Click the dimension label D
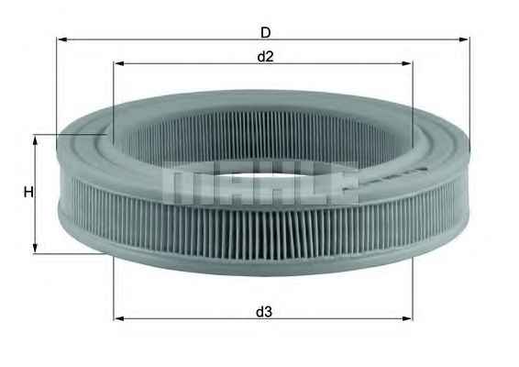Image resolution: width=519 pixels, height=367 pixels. pos(265,32)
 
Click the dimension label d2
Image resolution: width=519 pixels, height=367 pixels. pos(265,57)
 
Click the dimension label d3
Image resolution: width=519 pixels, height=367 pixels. pos(264,312)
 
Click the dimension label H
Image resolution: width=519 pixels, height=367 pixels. pos(28,192)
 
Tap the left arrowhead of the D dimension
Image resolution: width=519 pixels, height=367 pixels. pos(61,39)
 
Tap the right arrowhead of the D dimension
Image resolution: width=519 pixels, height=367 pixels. pos(464,39)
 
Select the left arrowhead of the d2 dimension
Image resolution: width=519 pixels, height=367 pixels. pos(118,63)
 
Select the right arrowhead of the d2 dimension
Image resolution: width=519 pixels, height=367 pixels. pos(407,63)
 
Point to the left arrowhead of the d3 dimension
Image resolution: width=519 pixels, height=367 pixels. pos(118,318)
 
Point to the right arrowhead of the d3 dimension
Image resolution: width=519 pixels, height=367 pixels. pos(407,318)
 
